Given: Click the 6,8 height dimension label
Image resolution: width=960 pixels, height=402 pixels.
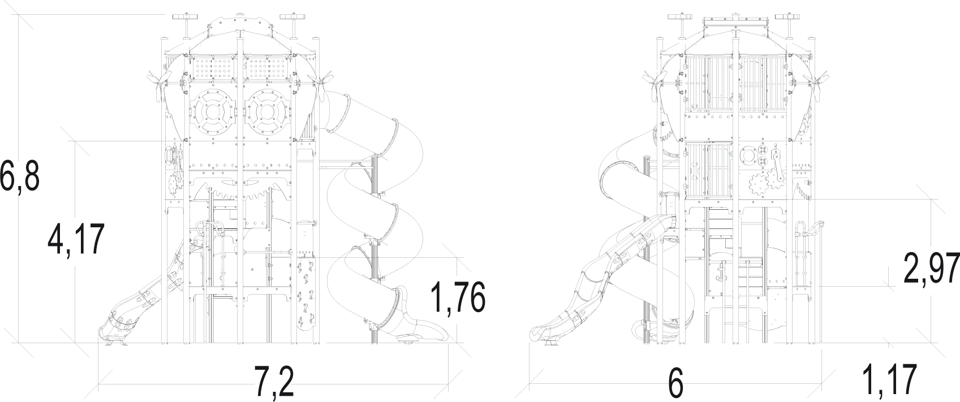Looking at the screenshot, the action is pos(20,175).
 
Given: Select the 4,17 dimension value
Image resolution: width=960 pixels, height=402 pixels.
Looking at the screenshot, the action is pos(76,240).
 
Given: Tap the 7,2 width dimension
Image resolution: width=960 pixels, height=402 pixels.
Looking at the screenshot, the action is pos(274,382).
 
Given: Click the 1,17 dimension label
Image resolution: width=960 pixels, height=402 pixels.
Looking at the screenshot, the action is pos(889,379).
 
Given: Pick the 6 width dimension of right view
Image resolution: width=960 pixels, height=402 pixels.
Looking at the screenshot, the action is pos(676,382).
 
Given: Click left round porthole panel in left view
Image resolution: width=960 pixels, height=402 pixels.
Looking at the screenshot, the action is pos(213,112).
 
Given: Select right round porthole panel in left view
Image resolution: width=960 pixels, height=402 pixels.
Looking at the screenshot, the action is pos(268,112).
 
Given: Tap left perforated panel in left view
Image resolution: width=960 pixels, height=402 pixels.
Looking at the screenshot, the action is pos(213,68).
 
